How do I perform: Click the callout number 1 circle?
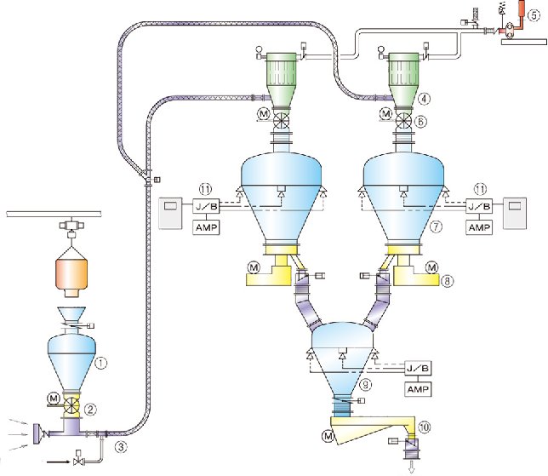[x=100, y=362]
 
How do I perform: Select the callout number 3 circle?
[x=122, y=444]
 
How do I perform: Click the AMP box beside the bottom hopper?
[x=416, y=389]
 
